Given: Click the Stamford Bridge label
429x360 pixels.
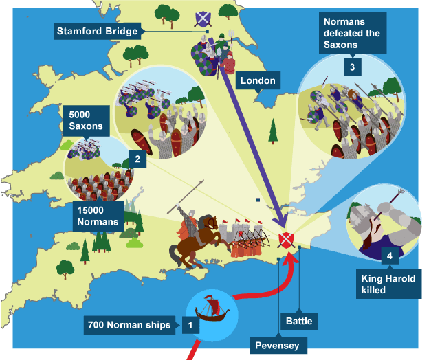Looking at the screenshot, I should point(98,31).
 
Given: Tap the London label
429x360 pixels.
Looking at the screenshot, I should point(258,81).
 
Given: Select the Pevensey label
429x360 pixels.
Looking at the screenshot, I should point(276,345).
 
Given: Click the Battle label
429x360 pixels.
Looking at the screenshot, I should point(299,321).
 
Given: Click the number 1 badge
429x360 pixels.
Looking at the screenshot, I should point(190,324).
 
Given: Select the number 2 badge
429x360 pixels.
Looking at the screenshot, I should point(137,159).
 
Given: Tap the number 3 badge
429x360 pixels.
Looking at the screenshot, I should point(352,67).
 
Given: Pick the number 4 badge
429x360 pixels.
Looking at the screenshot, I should point(389,256).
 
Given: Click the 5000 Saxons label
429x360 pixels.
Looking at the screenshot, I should point(85,120).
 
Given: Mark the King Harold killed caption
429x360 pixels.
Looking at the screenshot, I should point(390,283).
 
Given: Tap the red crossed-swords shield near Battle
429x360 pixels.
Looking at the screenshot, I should point(287,240).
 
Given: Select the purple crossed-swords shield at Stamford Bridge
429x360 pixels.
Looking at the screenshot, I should point(203,18).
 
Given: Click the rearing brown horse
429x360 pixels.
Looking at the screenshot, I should point(196,237).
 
